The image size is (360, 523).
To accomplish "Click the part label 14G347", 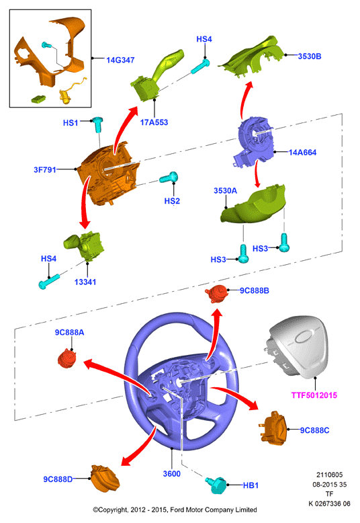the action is (x=120, y=60).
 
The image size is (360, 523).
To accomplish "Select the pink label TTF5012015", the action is (x=314, y=395).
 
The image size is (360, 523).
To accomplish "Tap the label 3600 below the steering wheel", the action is (x=172, y=474).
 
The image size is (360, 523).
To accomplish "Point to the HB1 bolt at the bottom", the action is (x=216, y=485).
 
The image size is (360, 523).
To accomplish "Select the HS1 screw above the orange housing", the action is (x=97, y=124).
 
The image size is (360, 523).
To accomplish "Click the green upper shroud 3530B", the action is (x=253, y=57).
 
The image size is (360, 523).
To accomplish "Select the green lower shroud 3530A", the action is (x=253, y=205).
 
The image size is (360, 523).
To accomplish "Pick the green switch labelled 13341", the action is (x=85, y=247).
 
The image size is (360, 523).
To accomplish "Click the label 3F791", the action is (x=45, y=170).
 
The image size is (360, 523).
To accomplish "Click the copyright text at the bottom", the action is (x=175, y=510).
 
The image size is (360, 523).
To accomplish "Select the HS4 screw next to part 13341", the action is (x=49, y=281).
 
